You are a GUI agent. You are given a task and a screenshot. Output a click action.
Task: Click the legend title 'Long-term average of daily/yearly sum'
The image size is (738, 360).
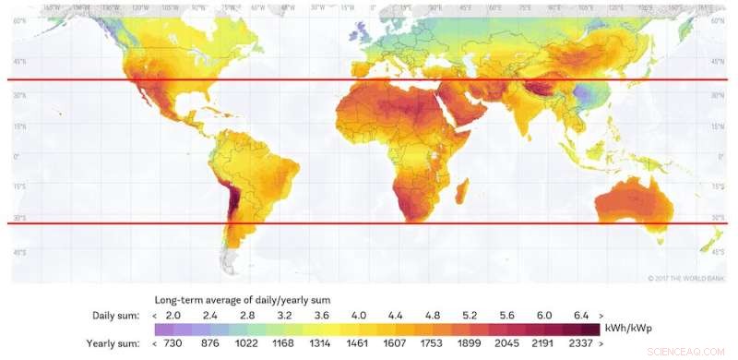242,300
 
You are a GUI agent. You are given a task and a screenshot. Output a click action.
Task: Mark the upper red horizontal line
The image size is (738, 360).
369,79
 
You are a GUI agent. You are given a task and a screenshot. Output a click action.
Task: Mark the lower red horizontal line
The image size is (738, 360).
369,223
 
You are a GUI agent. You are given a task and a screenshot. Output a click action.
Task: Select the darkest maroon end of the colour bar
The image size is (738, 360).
590,330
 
